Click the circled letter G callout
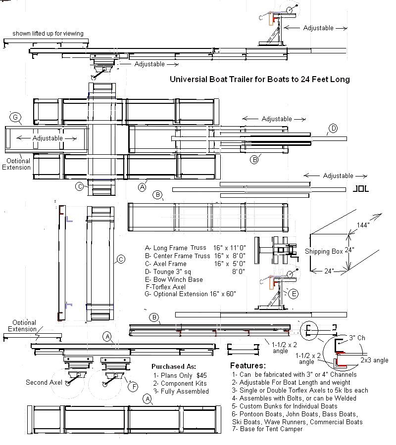click(15, 118)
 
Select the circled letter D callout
click(333, 129)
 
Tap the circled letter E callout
click(293, 294)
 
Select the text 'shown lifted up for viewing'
click(48, 34)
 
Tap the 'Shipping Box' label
click(324, 251)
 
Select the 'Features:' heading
click(248, 366)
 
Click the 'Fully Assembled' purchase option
click(181, 391)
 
